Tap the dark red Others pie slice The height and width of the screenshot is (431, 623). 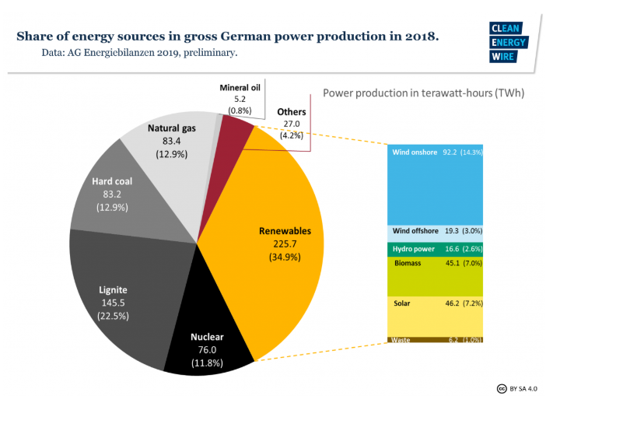(x=235, y=129)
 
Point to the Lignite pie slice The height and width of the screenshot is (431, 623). (x=117, y=296)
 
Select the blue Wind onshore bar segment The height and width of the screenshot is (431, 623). (x=436, y=183)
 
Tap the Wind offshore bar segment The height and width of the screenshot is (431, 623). (x=436, y=232)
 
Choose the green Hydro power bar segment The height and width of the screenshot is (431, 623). (x=436, y=249)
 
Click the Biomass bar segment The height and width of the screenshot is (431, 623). (x=436, y=275)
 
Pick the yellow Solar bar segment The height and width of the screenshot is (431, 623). (x=436, y=316)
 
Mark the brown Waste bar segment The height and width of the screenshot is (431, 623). (x=436, y=340)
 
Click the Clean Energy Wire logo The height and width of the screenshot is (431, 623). (x=509, y=42)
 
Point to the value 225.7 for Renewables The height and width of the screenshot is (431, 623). (x=285, y=244)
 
